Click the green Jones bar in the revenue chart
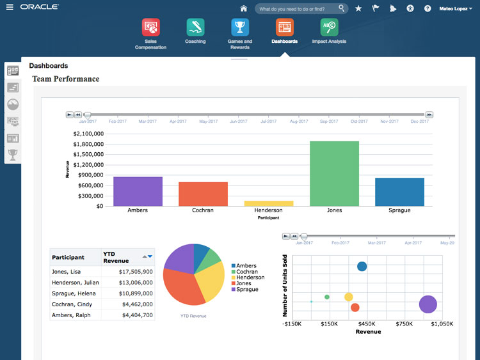point(334,173)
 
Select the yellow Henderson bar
point(269,203)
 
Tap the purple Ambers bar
point(138,191)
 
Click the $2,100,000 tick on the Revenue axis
point(88,134)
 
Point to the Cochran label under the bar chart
point(203,210)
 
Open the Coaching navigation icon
point(195,27)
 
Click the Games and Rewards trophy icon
point(240,27)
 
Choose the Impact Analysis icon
point(329,27)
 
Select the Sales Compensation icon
point(150,27)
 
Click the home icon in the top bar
point(243,8)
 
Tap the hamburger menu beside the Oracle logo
point(9,8)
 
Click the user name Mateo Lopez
point(454,8)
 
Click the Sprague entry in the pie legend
point(246,290)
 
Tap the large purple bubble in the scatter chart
point(428,304)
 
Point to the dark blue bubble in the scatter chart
point(362,267)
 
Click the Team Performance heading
point(66,79)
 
